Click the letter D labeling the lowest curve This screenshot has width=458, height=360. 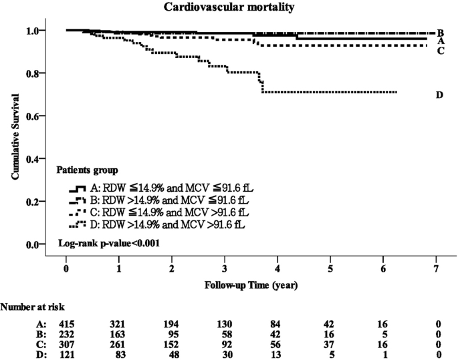pos(439,95)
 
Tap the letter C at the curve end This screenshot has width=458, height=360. pos(441,51)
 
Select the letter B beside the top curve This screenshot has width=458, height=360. pos(441,33)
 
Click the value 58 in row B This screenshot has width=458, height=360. pos(225,334)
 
